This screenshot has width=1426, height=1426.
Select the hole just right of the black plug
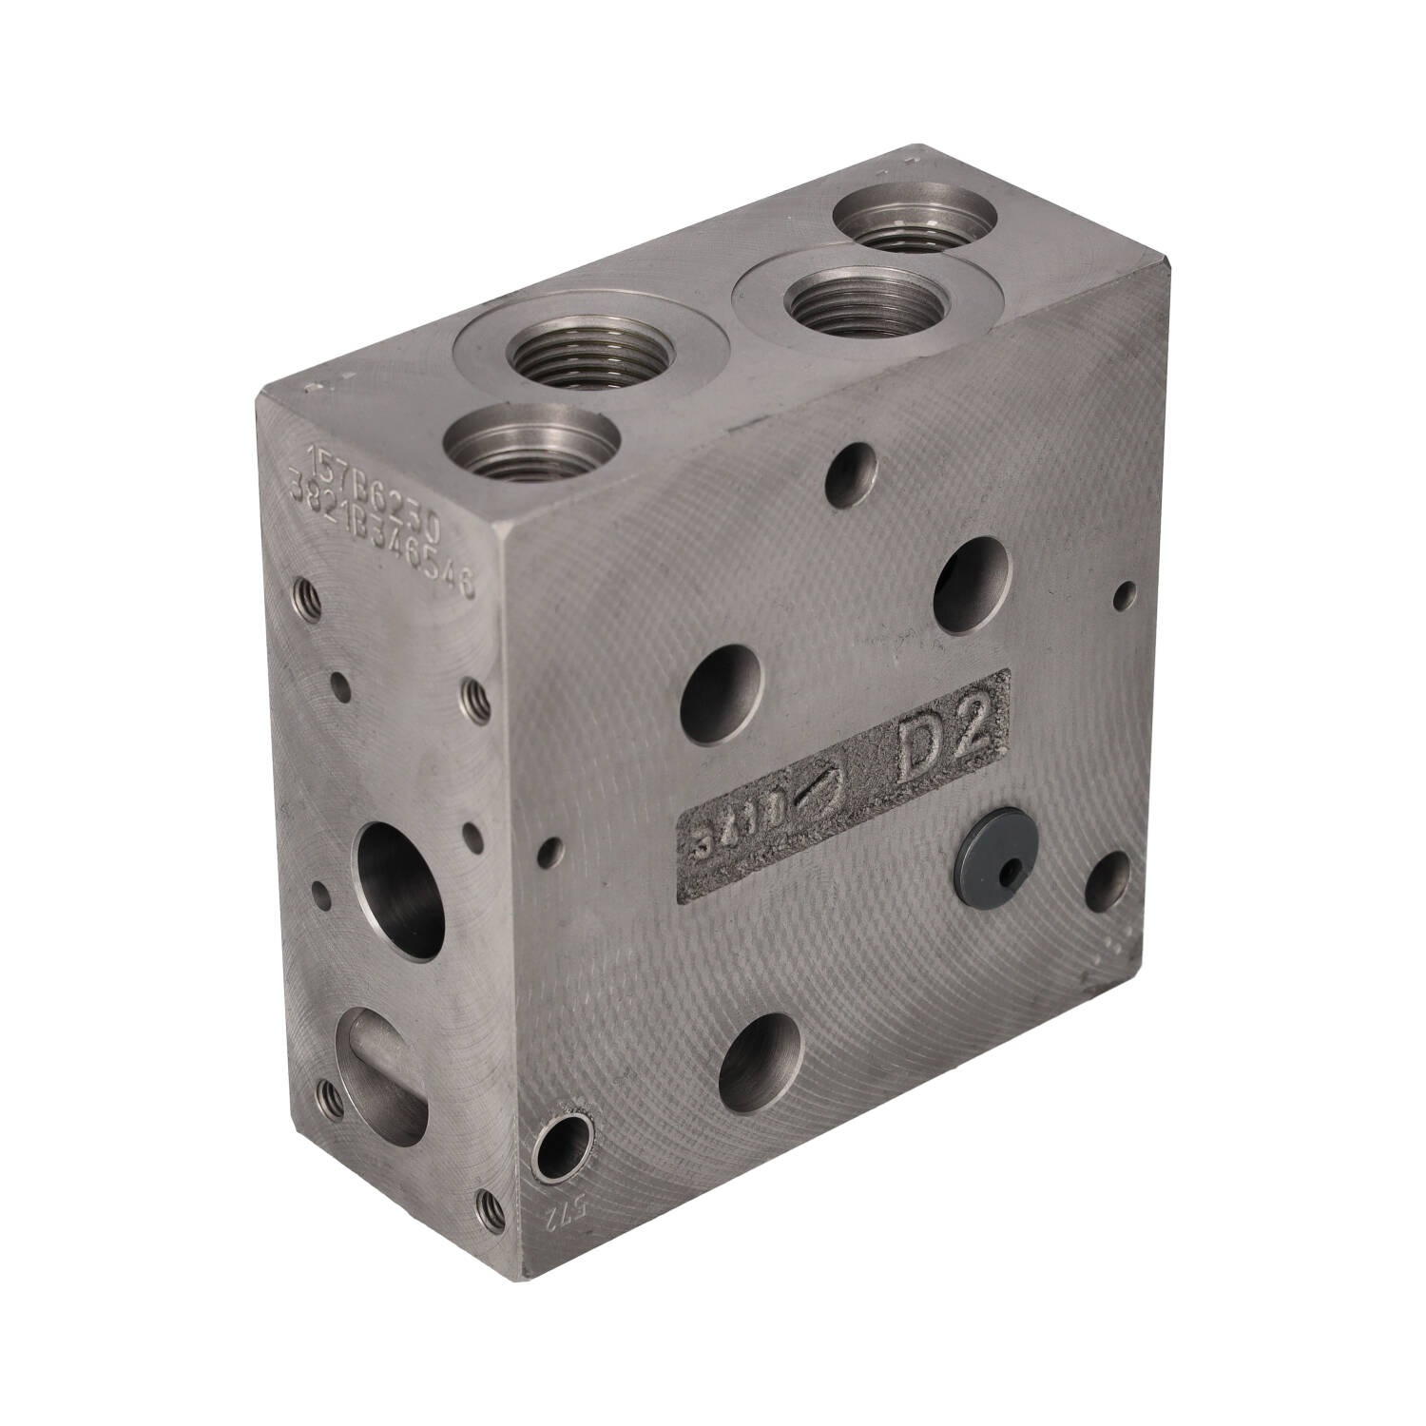point(1108,882)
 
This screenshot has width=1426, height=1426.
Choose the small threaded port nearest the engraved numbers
point(530,447)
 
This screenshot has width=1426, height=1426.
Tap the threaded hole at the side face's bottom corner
point(490,1206)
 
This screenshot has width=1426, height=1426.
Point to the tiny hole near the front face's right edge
point(1126,596)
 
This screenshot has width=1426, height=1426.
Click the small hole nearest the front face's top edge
point(852,467)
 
